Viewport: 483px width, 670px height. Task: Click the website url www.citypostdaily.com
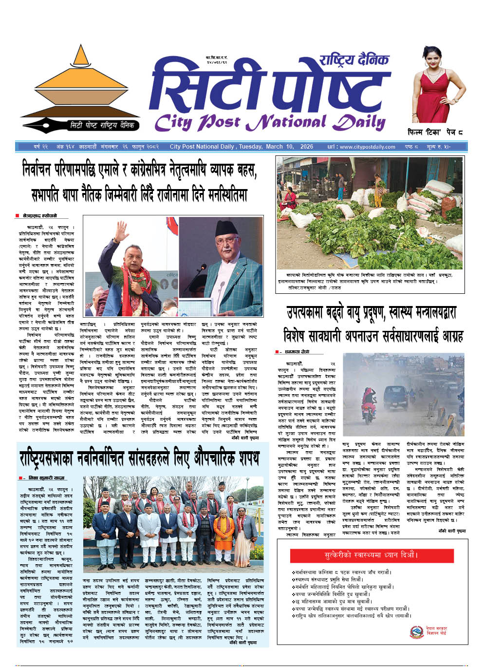tap(368, 147)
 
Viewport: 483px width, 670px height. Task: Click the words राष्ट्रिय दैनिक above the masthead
tap(354, 60)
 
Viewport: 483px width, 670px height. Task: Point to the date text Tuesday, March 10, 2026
tap(276, 147)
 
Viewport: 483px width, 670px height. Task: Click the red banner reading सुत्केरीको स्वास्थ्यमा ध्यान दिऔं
tap(371, 555)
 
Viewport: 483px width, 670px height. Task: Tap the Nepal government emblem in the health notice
tap(416, 632)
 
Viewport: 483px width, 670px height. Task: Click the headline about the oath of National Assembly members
tap(140, 459)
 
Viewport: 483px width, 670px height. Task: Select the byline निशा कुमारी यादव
tap(47, 478)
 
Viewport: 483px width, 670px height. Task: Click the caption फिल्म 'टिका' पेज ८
tap(435, 132)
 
